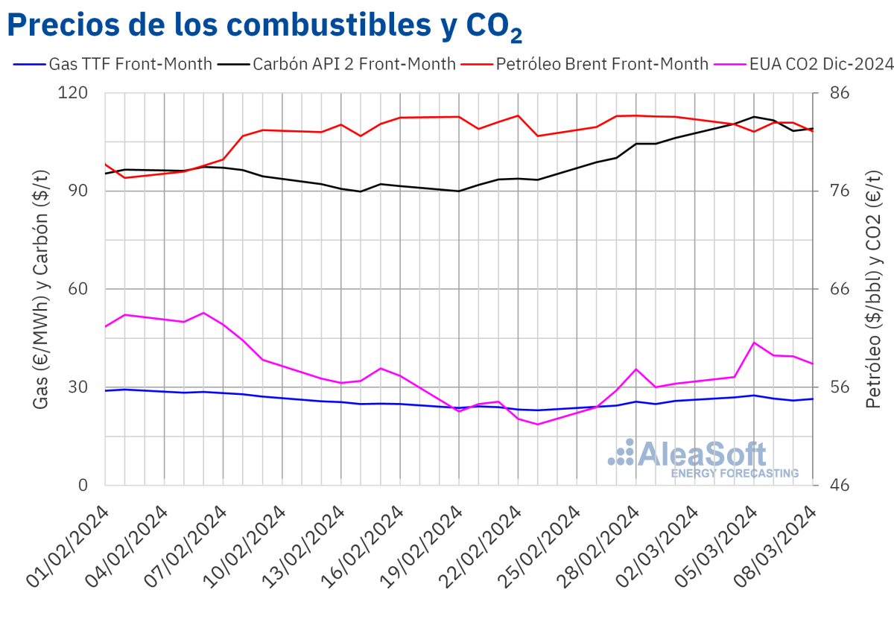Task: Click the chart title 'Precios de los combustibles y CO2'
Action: [264, 26]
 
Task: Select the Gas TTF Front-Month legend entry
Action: [113, 64]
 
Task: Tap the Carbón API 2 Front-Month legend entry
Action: [337, 64]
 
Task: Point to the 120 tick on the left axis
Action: [77, 93]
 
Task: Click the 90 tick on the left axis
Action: [81, 191]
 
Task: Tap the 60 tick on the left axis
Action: [81, 289]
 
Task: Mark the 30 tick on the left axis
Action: [81, 387]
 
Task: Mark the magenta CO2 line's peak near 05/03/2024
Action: [755, 343]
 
